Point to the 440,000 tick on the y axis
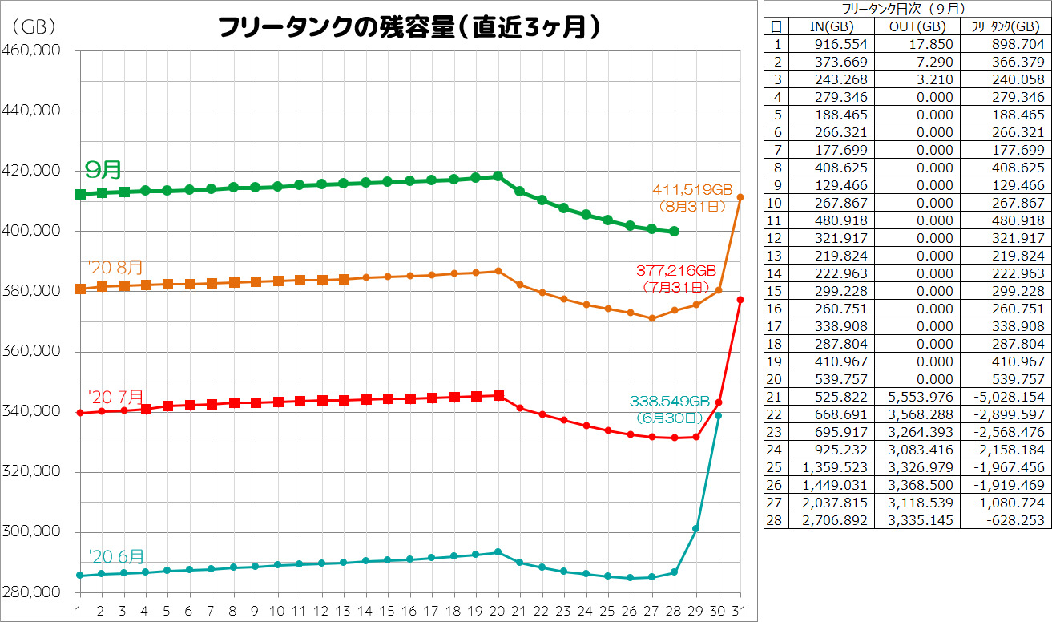pyautogui.click(x=33, y=111)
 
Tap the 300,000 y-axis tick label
pyautogui.click(x=33, y=532)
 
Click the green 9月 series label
pyautogui.click(x=103, y=170)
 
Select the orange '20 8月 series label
pyautogui.click(x=116, y=268)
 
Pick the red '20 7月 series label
pyautogui.click(x=116, y=397)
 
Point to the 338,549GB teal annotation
pyautogui.click(x=670, y=401)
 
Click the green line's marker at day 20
pyautogui.click(x=498, y=176)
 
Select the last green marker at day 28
pyautogui.click(x=674, y=231)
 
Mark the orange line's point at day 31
pyautogui.click(x=740, y=197)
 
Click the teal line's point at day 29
pyautogui.click(x=696, y=529)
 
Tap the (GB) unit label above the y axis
pyautogui.click(x=33, y=27)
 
